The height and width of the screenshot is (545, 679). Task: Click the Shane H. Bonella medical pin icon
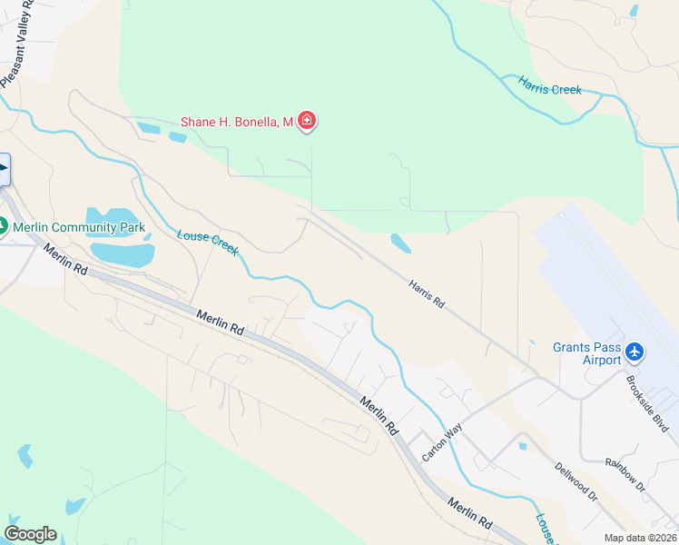pos(307,121)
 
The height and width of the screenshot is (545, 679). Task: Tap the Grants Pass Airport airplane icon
pos(634,351)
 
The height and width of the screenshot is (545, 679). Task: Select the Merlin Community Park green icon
pos(3,226)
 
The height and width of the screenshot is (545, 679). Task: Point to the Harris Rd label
pos(425,293)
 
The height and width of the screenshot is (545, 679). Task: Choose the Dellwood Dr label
pos(576,481)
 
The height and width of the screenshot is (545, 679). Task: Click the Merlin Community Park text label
pos(79,227)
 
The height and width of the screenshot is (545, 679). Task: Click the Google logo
pos(30,534)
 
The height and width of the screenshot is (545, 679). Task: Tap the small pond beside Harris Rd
pos(399,243)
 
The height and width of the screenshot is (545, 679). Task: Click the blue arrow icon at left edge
pos(4,169)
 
